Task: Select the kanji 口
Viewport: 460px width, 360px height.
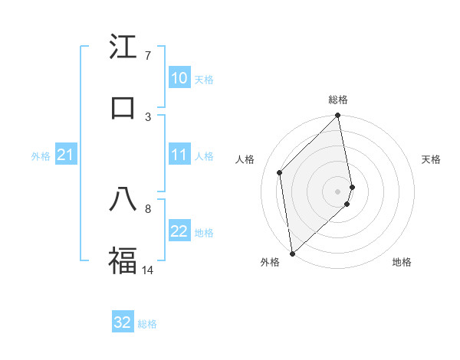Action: tap(123, 107)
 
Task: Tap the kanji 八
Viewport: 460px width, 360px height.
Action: tap(123, 200)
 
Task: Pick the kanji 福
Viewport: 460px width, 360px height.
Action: tap(123, 260)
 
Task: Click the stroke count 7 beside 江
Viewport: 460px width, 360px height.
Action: tap(147, 56)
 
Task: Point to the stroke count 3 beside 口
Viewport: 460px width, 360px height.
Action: tap(148, 116)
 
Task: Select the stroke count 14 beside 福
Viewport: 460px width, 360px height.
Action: tap(148, 270)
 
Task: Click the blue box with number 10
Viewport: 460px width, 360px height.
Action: tap(179, 78)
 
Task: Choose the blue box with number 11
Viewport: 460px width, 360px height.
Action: tap(179, 155)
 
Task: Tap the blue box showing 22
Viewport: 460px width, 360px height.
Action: tap(179, 231)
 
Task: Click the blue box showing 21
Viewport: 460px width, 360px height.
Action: tap(66, 155)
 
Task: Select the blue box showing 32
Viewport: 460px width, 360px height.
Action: tap(123, 322)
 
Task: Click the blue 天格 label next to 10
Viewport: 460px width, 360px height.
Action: tap(204, 79)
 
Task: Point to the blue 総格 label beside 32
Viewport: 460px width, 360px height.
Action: tap(147, 324)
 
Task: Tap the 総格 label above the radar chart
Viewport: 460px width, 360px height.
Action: tap(338, 100)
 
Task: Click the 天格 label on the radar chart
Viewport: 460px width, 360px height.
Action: tap(431, 159)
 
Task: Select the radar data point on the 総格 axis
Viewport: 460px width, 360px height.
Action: tap(338, 116)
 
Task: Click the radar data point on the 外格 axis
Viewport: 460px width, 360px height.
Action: tap(292, 254)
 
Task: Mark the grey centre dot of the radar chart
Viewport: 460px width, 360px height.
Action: tap(338, 191)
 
